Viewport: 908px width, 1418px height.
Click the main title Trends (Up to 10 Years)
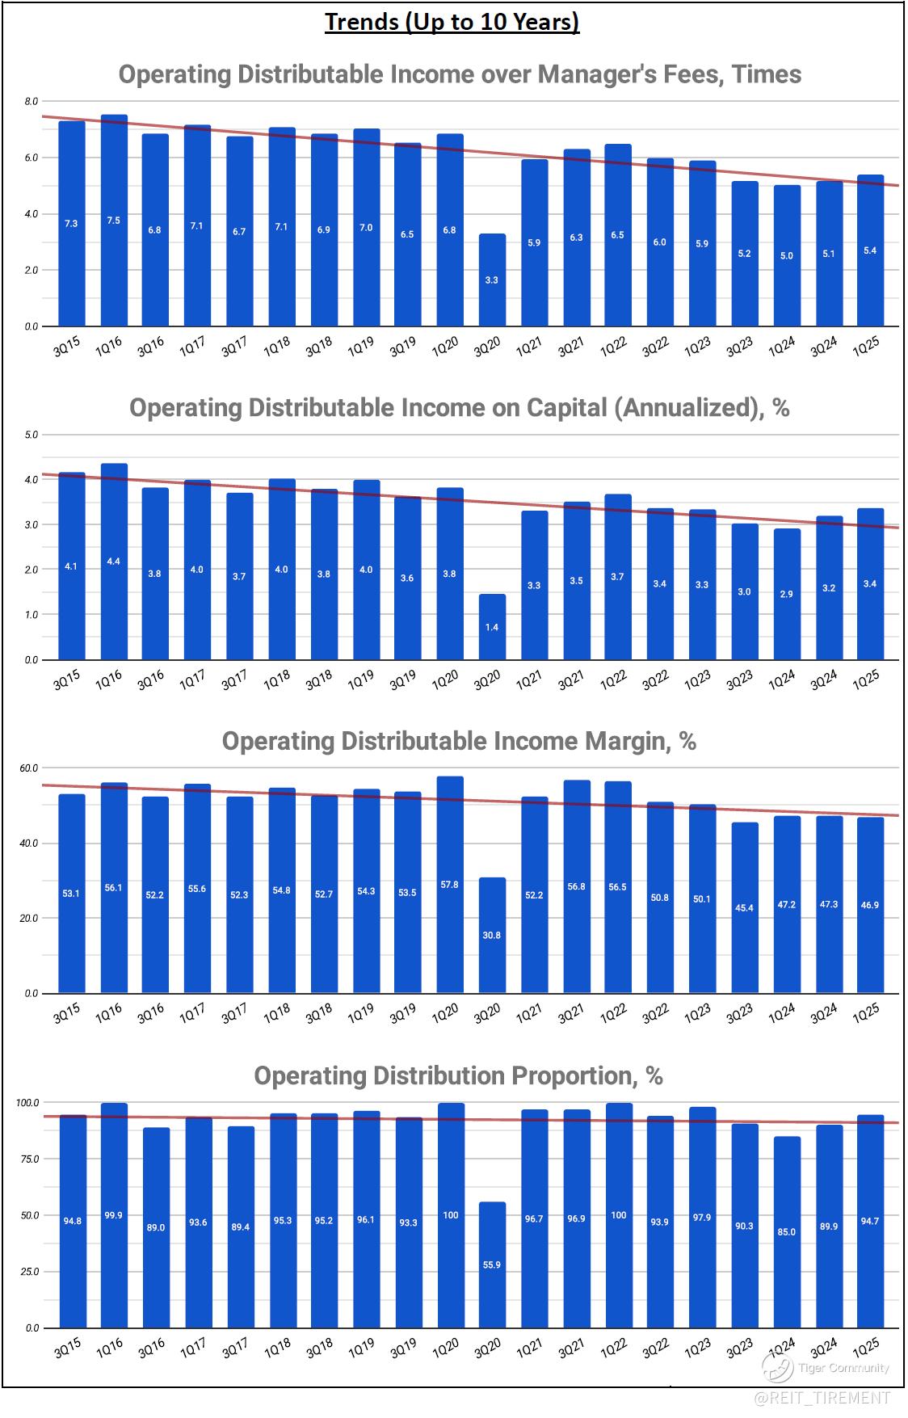click(x=452, y=22)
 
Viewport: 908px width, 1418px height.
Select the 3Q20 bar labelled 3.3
click(x=492, y=280)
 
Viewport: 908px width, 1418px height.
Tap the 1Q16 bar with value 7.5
click(x=114, y=221)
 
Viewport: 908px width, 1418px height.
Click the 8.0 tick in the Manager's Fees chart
click(x=32, y=101)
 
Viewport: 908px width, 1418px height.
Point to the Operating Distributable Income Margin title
click(x=459, y=741)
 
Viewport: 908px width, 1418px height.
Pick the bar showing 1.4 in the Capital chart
click(x=492, y=627)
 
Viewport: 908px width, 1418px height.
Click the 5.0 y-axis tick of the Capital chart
click(x=32, y=435)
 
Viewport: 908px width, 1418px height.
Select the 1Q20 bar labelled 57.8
click(x=450, y=885)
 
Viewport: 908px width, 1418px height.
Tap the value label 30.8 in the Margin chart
click(x=492, y=935)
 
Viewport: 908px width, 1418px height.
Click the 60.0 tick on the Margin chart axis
click(x=30, y=768)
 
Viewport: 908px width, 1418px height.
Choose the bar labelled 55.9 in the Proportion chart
click(x=492, y=1264)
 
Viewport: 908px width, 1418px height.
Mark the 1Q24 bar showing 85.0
click(x=787, y=1232)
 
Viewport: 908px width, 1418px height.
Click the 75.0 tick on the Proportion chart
click(x=30, y=1159)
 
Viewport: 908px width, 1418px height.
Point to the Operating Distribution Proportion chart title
click(x=458, y=1075)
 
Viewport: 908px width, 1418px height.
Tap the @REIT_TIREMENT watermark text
click(x=822, y=1397)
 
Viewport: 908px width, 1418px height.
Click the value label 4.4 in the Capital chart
click(x=114, y=562)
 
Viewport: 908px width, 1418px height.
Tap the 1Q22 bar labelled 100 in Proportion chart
click(x=618, y=1215)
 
